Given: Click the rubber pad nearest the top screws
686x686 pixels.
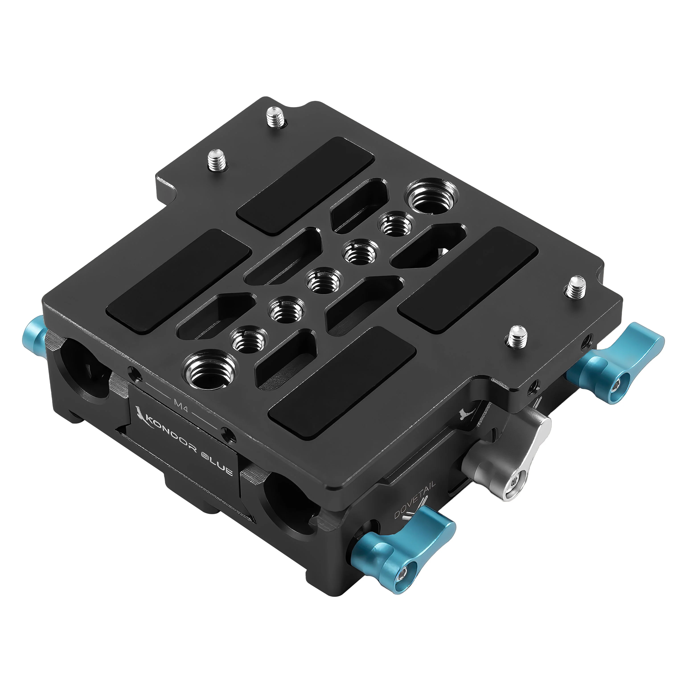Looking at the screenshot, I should coord(305,185).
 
